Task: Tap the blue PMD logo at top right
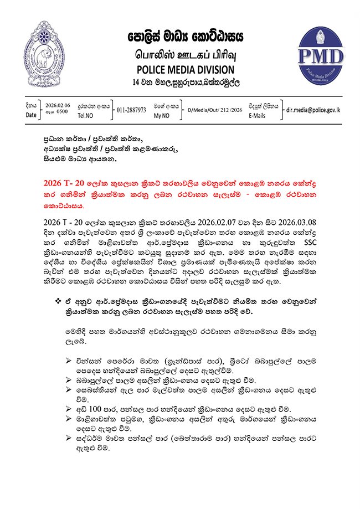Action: (x=320, y=54)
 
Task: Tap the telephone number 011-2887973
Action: (x=131, y=110)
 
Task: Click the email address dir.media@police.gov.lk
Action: (x=309, y=109)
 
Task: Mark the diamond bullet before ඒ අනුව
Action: (x=58, y=301)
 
